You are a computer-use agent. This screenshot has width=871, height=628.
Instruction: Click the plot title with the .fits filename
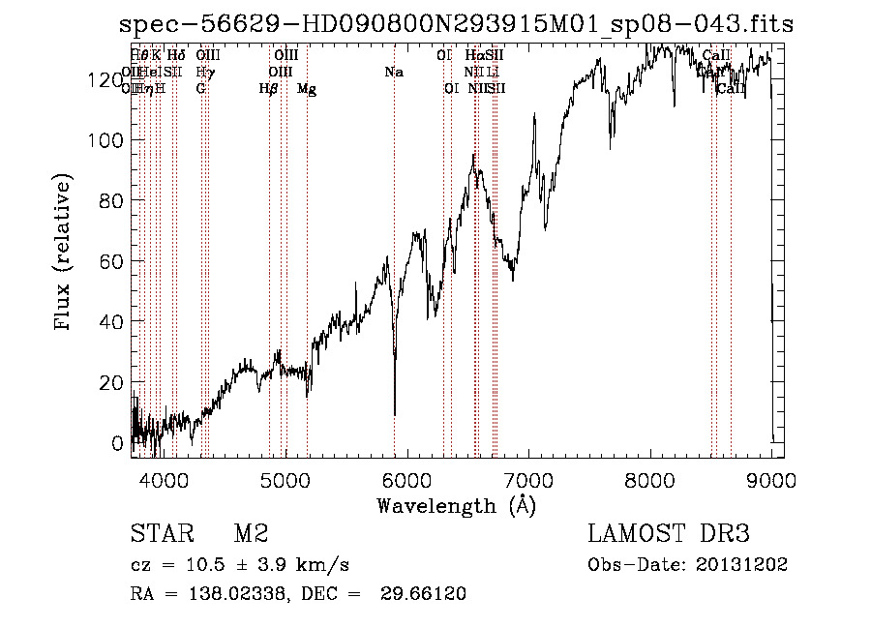coord(455,25)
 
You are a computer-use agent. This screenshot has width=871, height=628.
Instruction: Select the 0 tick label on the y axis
coord(118,442)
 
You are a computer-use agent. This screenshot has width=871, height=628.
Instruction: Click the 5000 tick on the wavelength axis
coord(285,478)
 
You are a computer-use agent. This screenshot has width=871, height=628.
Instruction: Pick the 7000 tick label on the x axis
coord(528,478)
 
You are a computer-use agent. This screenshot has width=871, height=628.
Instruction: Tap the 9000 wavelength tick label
coord(771,478)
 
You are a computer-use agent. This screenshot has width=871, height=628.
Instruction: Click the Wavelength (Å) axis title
coord(456,504)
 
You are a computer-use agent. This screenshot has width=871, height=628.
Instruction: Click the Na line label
coord(394,73)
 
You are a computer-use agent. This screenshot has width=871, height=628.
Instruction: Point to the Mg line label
coord(307,89)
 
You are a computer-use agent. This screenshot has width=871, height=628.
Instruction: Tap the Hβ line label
coord(269,89)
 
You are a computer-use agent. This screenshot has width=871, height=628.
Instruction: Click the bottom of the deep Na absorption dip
coord(395,413)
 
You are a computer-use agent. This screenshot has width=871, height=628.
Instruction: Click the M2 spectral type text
coord(250,533)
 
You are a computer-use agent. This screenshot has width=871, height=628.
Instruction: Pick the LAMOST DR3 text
coord(669,533)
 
